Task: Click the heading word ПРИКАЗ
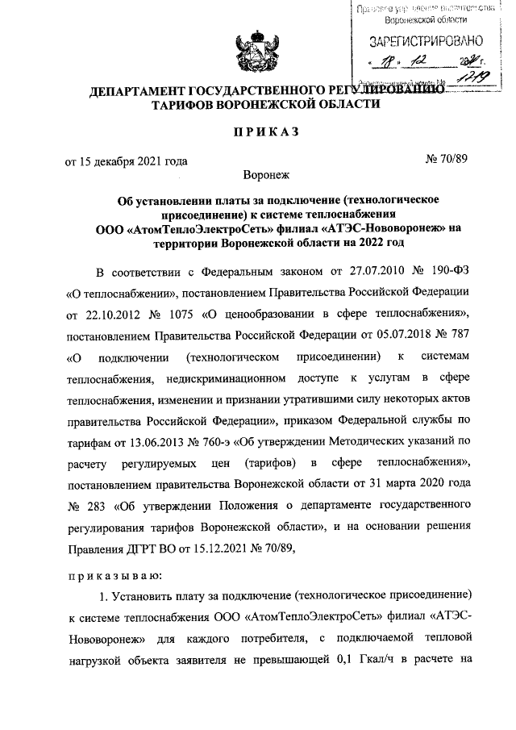(x=257, y=131)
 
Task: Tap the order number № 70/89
(x=445, y=159)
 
